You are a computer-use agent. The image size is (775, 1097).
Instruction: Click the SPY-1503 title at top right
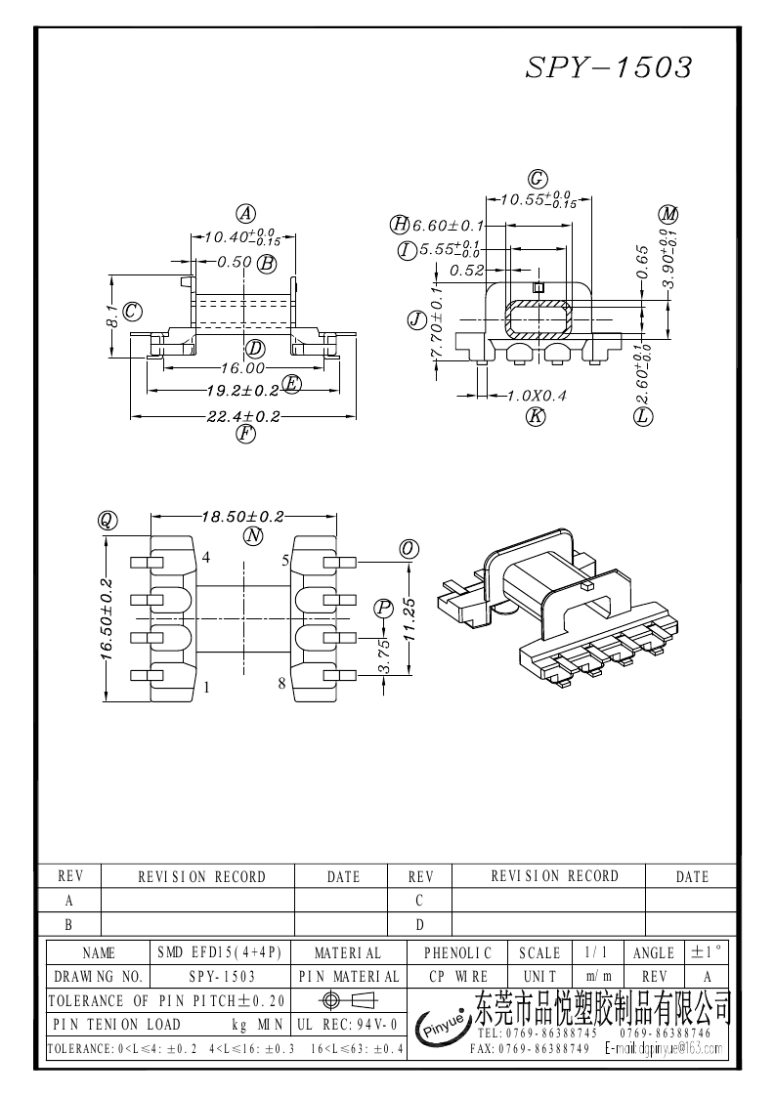609,66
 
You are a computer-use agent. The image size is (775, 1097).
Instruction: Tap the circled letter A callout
246,214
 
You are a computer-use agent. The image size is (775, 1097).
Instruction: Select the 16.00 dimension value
242,368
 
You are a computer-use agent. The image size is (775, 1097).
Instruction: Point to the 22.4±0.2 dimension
242,416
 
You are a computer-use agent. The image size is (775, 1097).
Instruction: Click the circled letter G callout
538,179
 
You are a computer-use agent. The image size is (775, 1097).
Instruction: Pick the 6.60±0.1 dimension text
449,226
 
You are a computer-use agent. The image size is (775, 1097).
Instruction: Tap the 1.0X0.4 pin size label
538,397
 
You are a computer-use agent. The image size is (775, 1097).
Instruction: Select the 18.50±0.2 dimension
242,517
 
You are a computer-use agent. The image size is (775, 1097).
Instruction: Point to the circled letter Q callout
108,521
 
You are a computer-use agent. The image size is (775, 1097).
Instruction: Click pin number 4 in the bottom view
206,558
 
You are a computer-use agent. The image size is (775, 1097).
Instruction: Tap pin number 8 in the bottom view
281,684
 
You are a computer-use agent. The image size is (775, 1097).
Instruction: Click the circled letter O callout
409,550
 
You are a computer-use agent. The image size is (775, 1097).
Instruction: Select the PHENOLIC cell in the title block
458,952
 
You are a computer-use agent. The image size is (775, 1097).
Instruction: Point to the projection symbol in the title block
347,1000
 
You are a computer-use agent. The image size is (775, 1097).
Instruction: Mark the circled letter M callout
668,214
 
